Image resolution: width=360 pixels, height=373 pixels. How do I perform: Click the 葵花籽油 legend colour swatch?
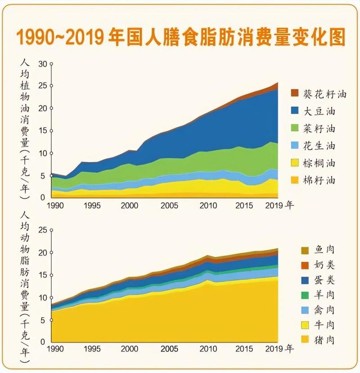pos(295,93)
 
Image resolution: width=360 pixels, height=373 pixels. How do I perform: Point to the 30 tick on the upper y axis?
pos(43,64)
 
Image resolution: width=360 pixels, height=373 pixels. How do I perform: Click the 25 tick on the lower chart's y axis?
pos(43,230)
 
